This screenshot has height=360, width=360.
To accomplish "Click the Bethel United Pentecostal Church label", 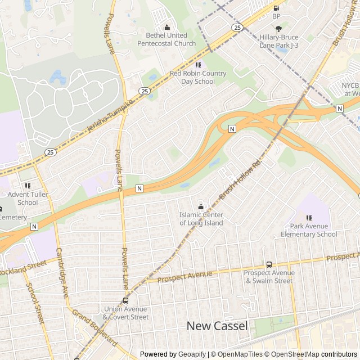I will [x=166, y=39].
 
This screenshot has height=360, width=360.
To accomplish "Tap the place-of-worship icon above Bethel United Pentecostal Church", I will [x=166, y=27].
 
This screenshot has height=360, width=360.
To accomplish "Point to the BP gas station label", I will [x=276, y=16].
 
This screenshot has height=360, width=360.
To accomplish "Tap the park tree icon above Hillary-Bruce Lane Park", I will [x=278, y=28].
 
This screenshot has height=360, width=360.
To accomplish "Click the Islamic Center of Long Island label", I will [x=201, y=219].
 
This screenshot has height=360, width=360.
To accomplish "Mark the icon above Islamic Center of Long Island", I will [x=201, y=206].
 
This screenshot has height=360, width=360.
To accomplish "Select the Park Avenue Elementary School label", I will [x=309, y=230].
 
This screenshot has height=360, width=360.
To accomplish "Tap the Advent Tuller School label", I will [x=28, y=199].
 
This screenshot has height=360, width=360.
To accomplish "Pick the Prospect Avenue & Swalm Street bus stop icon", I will [x=269, y=264].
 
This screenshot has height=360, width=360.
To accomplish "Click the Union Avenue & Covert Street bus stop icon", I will [x=125, y=301].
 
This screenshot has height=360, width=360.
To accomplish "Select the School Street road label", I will [x=34, y=303].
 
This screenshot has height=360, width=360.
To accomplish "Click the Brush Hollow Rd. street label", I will [x=242, y=178].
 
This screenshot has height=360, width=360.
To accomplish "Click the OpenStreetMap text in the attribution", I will [x=295, y=354].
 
